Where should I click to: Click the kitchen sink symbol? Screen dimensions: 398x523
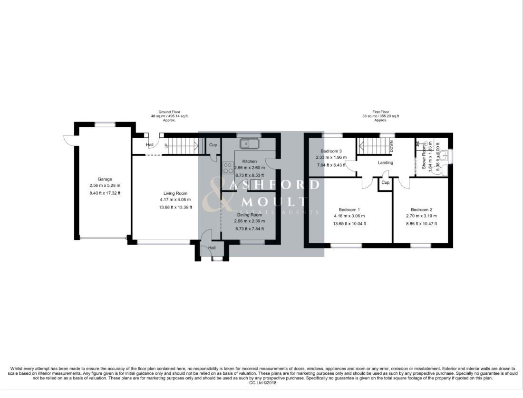tap(249, 143)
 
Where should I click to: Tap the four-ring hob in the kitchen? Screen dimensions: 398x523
tap(228, 167)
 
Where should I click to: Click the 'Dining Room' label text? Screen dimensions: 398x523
tap(250, 215)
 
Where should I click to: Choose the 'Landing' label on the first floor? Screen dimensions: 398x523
tap(385, 162)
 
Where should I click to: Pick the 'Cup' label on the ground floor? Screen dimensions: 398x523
tap(213, 145)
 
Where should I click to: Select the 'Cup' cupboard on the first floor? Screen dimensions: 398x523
tap(385, 183)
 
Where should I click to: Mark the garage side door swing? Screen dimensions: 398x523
tap(69, 139)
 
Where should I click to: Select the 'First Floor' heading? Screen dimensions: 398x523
tap(380, 112)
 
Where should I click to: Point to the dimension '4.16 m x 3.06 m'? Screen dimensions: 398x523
tap(349, 216)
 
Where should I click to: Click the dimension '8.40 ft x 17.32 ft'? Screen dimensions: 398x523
tap(105, 193)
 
